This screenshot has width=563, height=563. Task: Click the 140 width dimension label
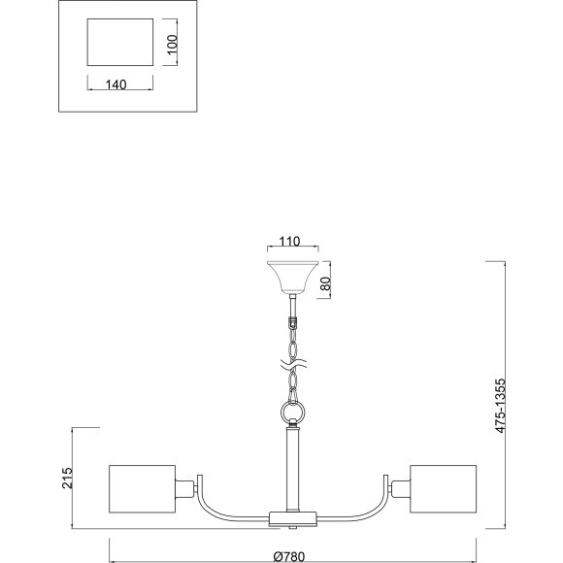click(x=116, y=84)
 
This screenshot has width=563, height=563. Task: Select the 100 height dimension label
click(x=173, y=44)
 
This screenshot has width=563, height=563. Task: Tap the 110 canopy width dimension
click(x=289, y=242)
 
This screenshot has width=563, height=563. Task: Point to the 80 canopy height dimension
click(x=325, y=283)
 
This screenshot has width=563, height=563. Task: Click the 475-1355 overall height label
click(x=500, y=406)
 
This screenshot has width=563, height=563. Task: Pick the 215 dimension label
click(x=67, y=478)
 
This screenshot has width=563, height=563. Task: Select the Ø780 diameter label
click(x=289, y=557)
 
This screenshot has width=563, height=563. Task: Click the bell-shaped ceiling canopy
click(x=293, y=278)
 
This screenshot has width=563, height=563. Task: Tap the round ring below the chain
click(x=292, y=412)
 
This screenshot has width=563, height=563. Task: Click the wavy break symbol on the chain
click(x=293, y=364)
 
